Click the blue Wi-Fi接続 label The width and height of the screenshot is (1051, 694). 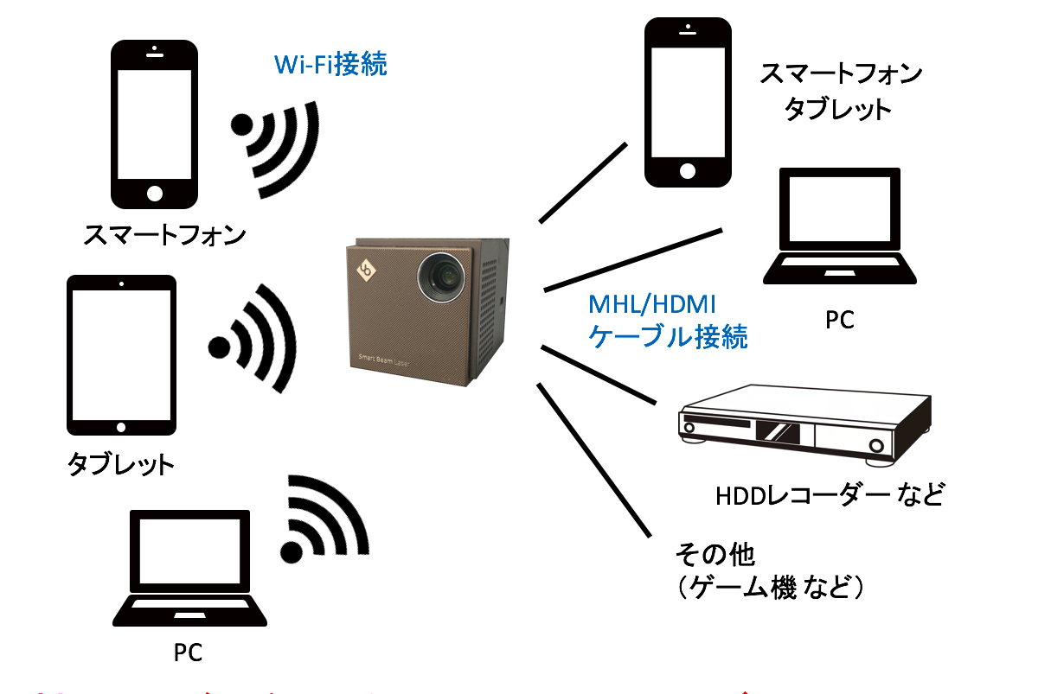click(x=330, y=65)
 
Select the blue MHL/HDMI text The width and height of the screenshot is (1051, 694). click(x=653, y=304)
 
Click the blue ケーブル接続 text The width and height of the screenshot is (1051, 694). click(x=667, y=336)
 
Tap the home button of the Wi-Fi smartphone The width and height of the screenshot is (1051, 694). click(x=155, y=191)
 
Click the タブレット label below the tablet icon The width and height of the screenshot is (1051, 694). click(x=121, y=465)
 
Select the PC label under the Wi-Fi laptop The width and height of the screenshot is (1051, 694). click(x=188, y=653)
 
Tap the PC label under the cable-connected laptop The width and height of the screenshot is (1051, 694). click(x=839, y=320)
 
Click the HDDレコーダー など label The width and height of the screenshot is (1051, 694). click(x=829, y=495)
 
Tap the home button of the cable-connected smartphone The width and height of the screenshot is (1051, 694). click(x=688, y=170)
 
